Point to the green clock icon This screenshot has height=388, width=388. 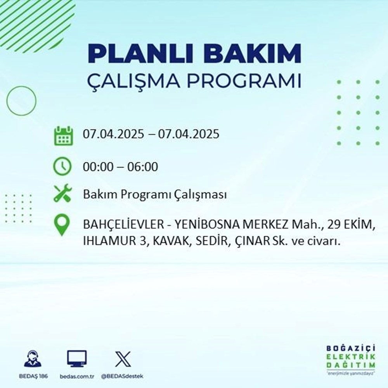pyautogui.click(x=62, y=167)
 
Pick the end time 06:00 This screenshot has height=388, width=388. pyautogui.click(x=144, y=167)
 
